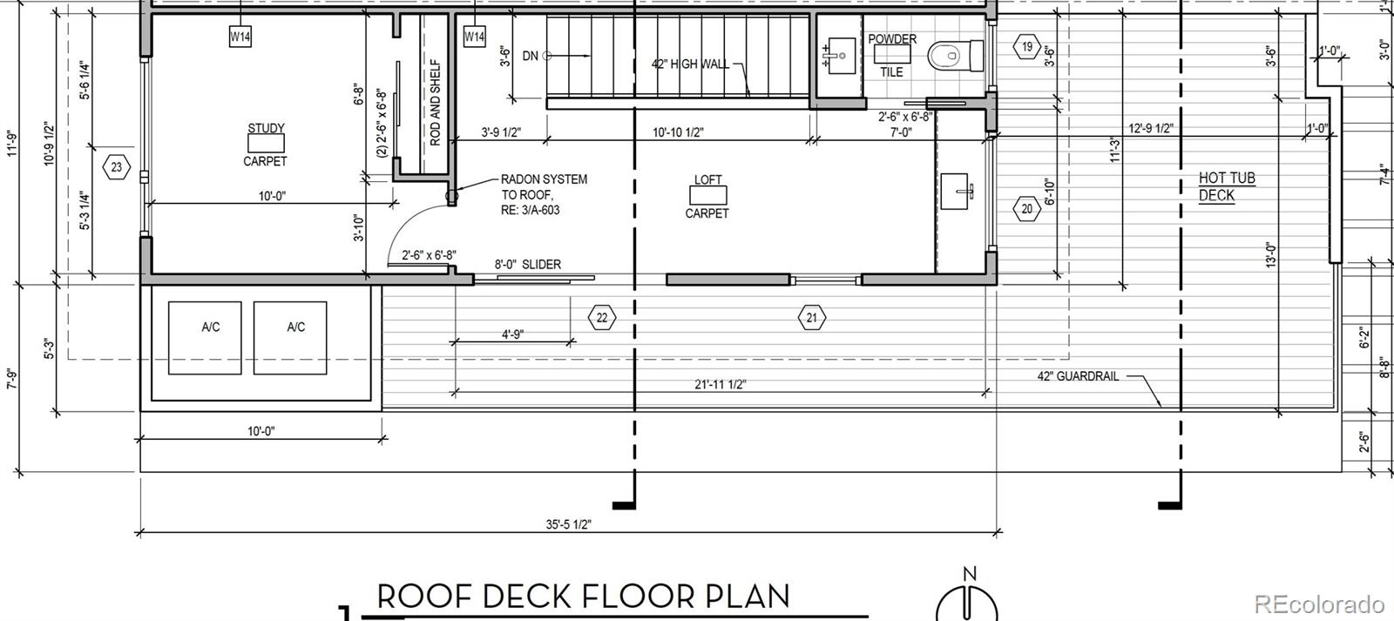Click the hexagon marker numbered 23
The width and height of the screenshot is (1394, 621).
(x=117, y=167)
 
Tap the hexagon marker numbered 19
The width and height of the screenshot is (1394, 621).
(x=1027, y=46)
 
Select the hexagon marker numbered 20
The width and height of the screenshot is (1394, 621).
(x=1027, y=209)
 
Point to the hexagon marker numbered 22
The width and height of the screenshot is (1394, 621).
(x=602, y=318)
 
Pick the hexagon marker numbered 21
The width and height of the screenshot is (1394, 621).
(x=811, y=318)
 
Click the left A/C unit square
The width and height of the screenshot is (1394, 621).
(x=205, y=338)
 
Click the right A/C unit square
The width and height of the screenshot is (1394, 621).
(x=290, y=338)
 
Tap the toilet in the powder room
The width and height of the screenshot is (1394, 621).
(x=955, y=56)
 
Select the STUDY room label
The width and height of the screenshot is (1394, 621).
(x=266, y=128)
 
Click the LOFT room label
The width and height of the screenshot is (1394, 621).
(x=707, y=179)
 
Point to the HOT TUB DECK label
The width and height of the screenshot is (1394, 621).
(x=1227, y=186)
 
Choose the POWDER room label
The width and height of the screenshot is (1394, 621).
(x=892, y=38)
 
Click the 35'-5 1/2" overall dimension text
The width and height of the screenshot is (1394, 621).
(x=568, y=524)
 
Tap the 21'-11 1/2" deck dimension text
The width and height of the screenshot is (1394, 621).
(x=720, y=385)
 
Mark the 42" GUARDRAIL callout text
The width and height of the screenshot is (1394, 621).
(x=1078, y=376)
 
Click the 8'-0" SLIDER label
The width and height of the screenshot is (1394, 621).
(x=528, y=265)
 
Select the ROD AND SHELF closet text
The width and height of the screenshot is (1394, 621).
(x=435, y=102)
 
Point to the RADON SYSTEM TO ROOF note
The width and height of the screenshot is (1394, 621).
(x=544, y=195)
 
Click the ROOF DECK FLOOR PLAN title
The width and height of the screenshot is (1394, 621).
(x=583, y=596)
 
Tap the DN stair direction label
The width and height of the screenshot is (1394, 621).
(x=531, y=56)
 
